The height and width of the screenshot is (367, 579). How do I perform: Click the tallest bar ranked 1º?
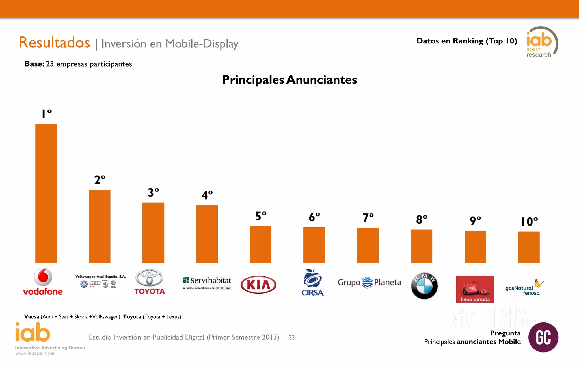[46, 193]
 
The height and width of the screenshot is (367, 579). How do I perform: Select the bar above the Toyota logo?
[153, 233]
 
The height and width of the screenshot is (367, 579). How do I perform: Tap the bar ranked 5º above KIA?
[260, 244]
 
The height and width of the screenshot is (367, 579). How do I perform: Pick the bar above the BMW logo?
[421, 246]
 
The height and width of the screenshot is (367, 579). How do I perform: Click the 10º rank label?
[529, 222]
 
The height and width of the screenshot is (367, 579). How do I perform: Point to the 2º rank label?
[100, 180]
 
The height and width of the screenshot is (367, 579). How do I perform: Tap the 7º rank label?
[368, 218]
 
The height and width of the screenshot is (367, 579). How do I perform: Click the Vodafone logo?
[43, 282]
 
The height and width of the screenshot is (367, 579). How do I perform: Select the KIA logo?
[258, 285]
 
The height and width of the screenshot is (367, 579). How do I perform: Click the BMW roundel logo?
[424, 286]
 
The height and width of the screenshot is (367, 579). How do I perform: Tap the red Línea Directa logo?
[475, 289]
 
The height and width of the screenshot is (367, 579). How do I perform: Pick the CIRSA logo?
[312, 283]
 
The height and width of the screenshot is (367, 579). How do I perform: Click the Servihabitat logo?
[207, 283]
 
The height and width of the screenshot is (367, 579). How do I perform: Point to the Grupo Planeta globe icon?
[367, 282]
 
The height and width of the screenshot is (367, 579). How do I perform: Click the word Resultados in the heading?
[54, 43]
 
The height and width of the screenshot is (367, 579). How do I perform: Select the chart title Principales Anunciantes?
[289, 80]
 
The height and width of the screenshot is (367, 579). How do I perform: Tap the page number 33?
[292, 337]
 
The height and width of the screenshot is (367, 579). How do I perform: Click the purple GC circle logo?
[543, 337]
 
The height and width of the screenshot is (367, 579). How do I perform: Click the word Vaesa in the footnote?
[32, 317]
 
